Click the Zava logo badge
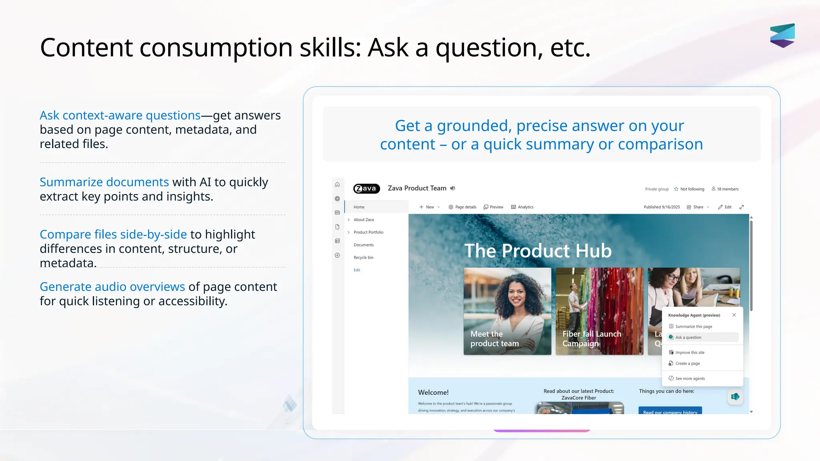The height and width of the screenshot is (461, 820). coord(366,188)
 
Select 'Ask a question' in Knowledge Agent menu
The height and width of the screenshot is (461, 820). coord(688,337)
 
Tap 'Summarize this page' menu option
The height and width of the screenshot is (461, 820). coord(693,327)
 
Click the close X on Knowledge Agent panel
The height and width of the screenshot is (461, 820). coord(734,315)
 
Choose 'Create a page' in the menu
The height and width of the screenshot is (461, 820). coord(687,363)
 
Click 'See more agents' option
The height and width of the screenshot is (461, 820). coord(690,379)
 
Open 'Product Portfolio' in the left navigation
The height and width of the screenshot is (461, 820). coord(368,232)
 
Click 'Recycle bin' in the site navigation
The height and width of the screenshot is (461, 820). coord(363,257)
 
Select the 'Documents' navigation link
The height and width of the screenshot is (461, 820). coord(364,245)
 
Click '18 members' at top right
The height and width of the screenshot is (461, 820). coord(725,189)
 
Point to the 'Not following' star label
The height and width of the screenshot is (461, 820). coord(689,189)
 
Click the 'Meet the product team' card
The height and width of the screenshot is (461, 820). coord(507,311)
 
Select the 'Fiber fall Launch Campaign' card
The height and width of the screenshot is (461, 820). coord(599,311)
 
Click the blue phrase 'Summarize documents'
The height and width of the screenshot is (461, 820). coord(104,182)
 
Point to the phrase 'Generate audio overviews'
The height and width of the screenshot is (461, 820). coord(112,287)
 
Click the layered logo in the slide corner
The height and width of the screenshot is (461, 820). coord(782,36)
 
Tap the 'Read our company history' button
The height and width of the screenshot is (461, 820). coord(670,411)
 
